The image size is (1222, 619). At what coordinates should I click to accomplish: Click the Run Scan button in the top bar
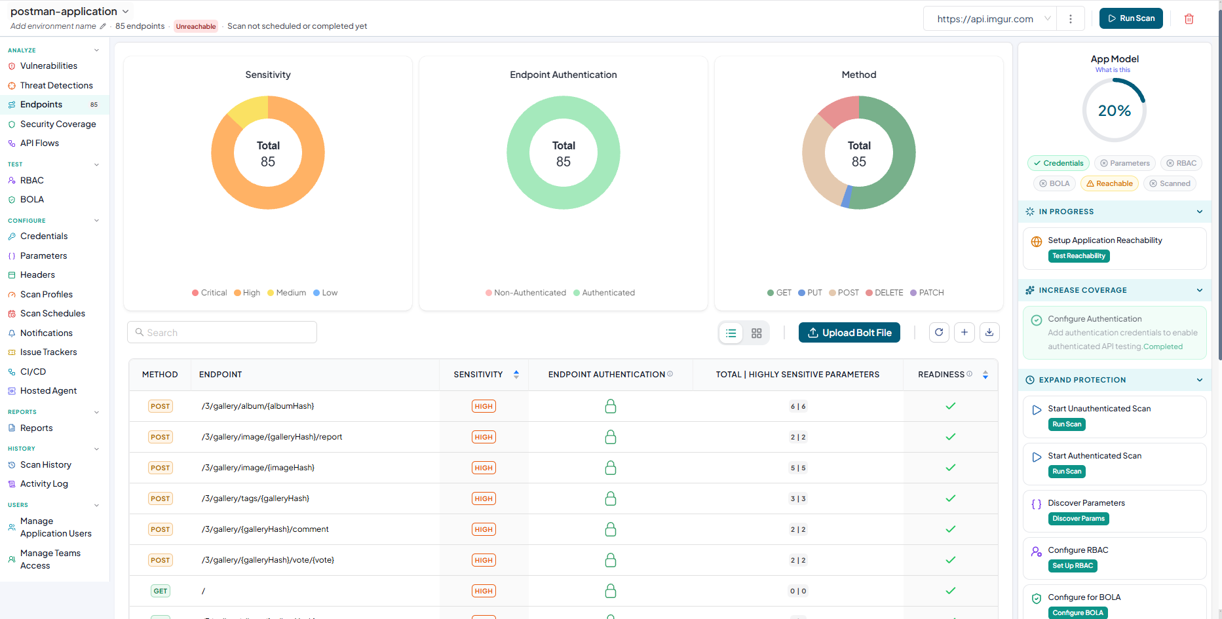(x=1131, y=18)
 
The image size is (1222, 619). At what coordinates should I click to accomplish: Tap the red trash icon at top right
(x=1189, y=19)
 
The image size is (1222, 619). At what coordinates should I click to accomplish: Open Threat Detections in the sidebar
(x=56, y=85)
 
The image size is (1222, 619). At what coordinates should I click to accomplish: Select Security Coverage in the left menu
(x=58, y=124)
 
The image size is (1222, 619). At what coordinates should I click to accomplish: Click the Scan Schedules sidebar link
(x=52, y=313)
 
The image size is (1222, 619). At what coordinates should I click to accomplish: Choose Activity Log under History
(x=44, y=483)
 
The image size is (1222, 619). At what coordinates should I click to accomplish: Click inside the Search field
(x=222, y=332)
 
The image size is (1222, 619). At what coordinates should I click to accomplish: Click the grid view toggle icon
(x=757, y=333)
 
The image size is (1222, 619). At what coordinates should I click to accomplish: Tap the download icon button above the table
(x=989, y=332)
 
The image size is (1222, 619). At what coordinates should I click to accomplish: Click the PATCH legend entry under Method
(x=927, y=293)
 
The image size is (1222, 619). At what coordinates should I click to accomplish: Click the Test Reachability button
(x=1079, y=256)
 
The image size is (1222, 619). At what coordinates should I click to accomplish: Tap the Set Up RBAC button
(x=1073, y=566)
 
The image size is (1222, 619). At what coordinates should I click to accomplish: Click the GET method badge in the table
(x=161, y=591)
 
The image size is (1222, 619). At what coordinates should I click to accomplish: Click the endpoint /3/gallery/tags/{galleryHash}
(x=256, y=498)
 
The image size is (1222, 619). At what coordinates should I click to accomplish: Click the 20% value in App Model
(x=1115, y=111)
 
